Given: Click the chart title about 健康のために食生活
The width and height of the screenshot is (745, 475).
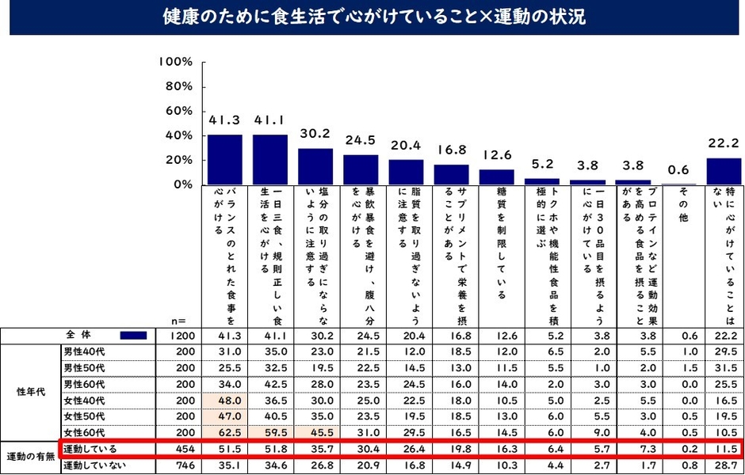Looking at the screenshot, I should coord(372,17).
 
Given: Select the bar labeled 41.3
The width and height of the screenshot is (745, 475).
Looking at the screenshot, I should coord(224,159).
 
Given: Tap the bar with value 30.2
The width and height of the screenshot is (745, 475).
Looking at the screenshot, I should coord(315,166).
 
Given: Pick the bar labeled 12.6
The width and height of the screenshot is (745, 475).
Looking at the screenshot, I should coord(496,177).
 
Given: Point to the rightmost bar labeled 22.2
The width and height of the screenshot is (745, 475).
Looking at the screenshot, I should coord(723,171).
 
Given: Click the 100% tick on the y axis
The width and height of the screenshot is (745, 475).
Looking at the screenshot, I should coord(176,62).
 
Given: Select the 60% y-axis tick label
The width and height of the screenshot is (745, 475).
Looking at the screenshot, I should coord(179,111).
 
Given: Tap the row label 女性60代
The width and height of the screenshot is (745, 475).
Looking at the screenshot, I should coord(85,431).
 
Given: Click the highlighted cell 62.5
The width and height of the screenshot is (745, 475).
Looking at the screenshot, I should coord(224,431).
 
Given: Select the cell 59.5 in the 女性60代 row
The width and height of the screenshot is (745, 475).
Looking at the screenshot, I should coord(270,431).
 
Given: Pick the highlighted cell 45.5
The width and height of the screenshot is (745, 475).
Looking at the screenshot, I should coord(315,431).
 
